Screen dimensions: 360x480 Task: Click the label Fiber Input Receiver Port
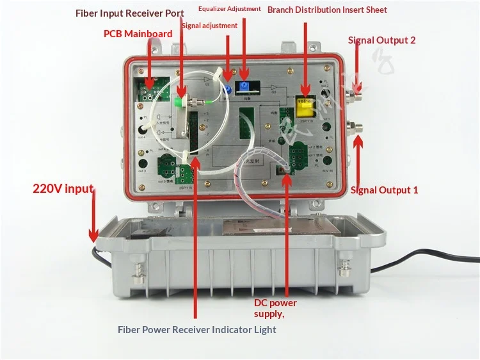click(x=129, y=13)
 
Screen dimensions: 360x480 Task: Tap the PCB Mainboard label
click(x=138, y=33)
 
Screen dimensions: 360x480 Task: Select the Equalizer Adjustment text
click(x=229, y=9)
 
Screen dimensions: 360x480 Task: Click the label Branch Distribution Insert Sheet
click(x=327, y=10)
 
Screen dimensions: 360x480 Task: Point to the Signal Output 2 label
click(x=381, y=40)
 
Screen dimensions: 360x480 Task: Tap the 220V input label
click(x=63, y=189)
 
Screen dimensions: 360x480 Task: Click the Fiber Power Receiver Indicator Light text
click(x=196, y=330)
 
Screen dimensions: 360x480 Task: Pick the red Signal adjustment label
click(x=209, y=26)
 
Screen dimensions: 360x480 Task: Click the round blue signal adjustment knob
click(x=227, y=91)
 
